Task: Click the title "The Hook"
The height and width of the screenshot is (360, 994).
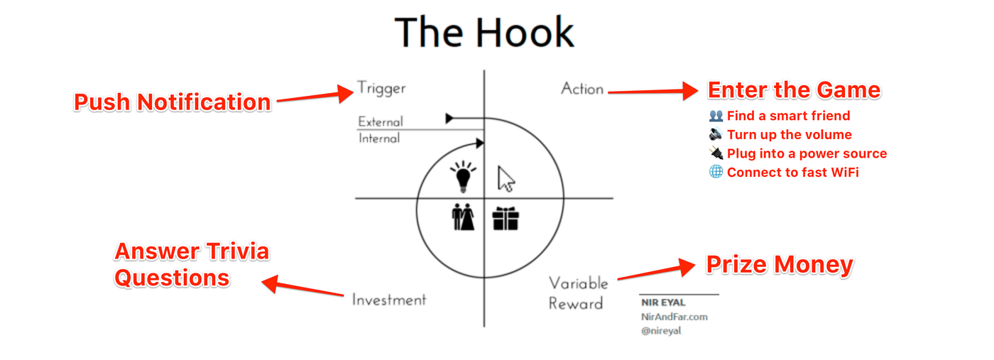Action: [484, 33]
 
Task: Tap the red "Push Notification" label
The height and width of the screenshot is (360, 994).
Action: [173, 102]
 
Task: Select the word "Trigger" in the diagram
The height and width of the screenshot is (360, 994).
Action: [381, 89]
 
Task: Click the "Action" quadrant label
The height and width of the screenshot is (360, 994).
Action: [582, 89]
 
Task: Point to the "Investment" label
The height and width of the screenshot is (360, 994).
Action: [389, 300]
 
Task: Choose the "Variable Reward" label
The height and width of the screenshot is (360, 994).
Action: [578, 293]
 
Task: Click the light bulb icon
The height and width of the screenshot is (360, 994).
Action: [464, 178]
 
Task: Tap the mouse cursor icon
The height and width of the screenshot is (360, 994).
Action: [506, 178]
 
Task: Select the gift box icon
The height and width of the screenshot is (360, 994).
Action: [506, 218]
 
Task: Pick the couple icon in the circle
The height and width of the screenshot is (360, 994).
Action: [463, 217]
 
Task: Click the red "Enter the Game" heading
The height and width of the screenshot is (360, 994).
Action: [794, 90]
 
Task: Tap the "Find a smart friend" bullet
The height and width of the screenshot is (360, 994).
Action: [788, 116]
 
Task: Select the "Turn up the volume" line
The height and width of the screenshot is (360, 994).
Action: [789, 135]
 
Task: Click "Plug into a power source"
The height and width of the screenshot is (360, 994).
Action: [807, 153]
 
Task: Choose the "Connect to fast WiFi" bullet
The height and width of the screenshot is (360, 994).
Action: [792, 173]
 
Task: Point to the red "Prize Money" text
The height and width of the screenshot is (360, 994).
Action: [779, 265]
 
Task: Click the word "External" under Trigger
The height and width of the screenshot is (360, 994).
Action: [381, 121]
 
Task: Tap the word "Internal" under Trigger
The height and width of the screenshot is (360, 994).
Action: [379, 138]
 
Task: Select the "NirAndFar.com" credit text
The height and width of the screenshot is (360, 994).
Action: [674, 317]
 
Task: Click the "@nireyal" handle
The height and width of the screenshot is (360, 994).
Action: [661, 330]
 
